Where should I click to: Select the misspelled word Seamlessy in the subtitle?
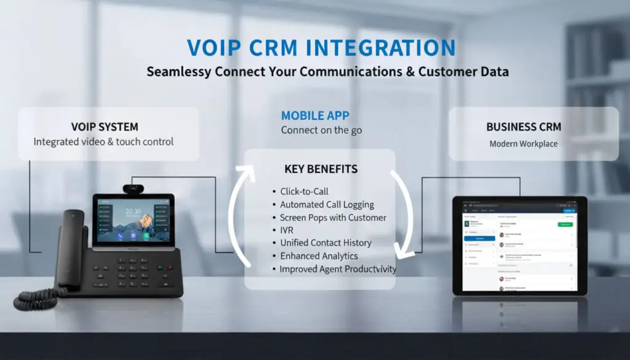click(x=178, y=71)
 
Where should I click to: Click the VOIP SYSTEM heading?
click(x=104, y=127)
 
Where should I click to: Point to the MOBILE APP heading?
click(x=315, y=115)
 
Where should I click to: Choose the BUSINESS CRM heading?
click(x=524, y=127)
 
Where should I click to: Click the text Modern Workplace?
click(x=524, y=144)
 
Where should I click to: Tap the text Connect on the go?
click(x=321, y=130)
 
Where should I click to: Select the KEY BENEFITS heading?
click(x=321, y=169)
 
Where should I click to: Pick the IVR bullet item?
click(x=287, y=230)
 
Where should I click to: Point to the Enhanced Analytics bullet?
click(x=319, y=256)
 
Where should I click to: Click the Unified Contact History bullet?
click(x=325, y=243)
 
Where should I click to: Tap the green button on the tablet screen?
click(x=565, y=225)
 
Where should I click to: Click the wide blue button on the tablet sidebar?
click(x=480, y=238)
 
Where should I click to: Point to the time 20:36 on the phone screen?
click(x=134, y=211)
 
